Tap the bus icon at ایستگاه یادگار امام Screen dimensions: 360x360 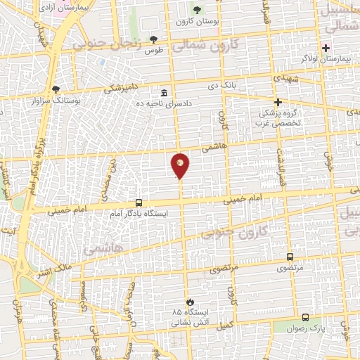pos(139,202)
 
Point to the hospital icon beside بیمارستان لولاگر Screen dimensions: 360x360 pos(326,47)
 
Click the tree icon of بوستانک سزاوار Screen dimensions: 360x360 pos(56,89)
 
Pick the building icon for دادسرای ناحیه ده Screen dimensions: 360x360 pos(164,93)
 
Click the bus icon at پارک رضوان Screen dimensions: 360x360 pos(305,317)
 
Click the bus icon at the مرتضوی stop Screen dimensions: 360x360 pos(290,257)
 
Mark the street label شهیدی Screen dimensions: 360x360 pos(290,73)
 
